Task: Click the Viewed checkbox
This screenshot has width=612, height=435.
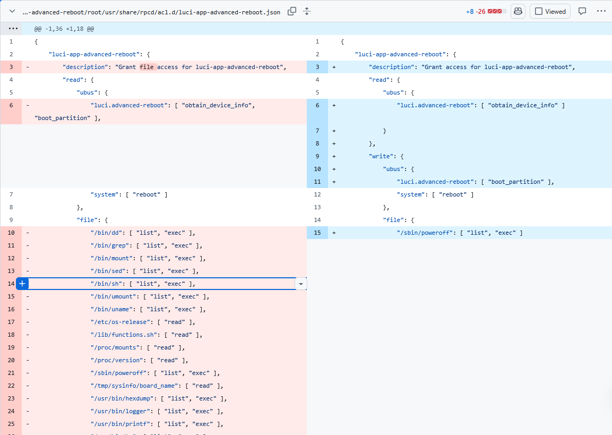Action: pos(539,11)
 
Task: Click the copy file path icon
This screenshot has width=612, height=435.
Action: pos(291,11)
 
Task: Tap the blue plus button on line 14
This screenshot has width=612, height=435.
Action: pos(22,284)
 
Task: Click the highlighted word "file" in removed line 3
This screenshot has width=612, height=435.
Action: pos(146,67)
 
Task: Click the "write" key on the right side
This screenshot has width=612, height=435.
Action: pos(381,156)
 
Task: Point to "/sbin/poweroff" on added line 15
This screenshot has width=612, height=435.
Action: pos(425,233)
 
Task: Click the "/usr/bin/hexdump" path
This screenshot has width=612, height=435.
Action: pos(122,399)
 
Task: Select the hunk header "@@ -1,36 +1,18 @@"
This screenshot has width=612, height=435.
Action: pos(64,29)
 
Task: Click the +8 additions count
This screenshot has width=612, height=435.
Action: pos(470,12)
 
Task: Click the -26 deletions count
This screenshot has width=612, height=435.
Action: pos(480,12)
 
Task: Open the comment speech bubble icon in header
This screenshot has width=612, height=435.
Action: pos(582,11)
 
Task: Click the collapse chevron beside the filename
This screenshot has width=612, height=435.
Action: pos(12,11)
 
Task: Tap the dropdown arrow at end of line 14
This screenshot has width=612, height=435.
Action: pos(300,284)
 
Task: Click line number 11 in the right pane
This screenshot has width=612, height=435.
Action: pos(317,182)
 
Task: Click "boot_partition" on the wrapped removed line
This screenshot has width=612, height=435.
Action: pos(63,118)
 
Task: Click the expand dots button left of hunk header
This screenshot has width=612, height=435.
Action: pos(13,29)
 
